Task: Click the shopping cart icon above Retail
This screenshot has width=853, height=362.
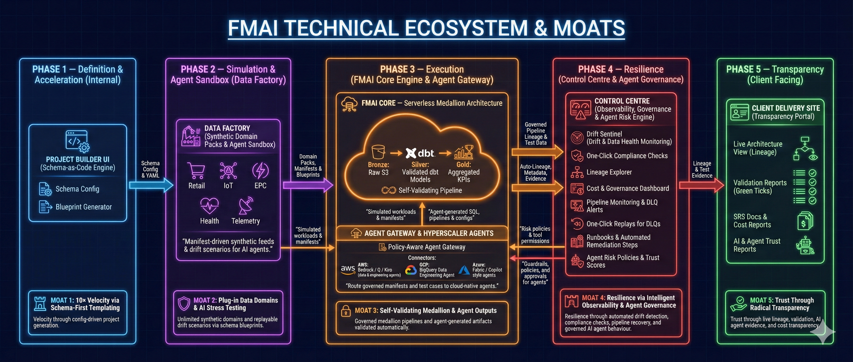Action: click(196, 170)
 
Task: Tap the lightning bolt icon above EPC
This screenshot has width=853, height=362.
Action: click(260, 170)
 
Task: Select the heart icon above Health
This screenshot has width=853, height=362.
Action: click(209, 205)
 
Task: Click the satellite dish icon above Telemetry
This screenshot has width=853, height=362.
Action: click(246, 205)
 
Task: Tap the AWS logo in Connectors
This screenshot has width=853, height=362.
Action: click(348, 269)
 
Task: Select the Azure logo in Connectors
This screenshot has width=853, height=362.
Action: click(464, 271)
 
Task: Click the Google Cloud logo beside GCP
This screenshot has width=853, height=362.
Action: click(411, 270)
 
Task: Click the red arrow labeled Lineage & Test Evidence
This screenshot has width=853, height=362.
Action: click(701, 185)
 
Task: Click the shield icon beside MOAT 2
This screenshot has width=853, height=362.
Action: click(184, 303)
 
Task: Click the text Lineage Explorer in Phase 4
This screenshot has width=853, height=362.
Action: click(609, 172)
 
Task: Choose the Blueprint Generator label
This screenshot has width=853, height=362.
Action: click(83, 207)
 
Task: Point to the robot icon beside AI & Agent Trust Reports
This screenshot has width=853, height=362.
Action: click(805, 245)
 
